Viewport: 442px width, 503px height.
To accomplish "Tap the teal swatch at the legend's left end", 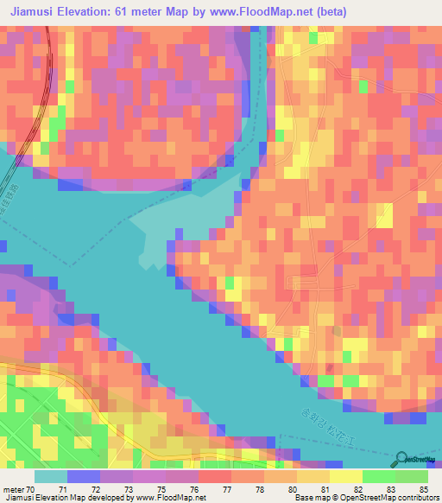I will (x=50, y=476).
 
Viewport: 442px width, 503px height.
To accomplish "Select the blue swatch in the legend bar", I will (x=84, y=476).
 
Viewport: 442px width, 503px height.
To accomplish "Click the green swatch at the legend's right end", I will (x=412, y=476).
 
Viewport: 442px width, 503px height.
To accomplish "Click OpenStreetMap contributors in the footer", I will (x=389, y=497).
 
